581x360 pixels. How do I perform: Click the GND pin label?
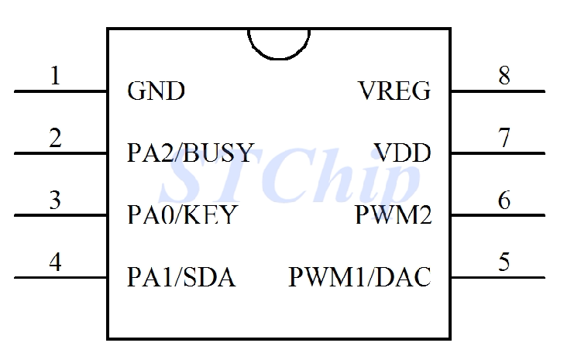(156, 91)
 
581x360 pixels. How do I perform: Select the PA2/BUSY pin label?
(190, 153)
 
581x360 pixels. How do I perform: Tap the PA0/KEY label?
(182, 214)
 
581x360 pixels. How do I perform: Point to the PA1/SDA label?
(181, 276)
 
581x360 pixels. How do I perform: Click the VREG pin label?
(395, 91)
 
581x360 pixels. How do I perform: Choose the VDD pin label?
(402, 153)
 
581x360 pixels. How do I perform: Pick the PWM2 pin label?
(393, 214)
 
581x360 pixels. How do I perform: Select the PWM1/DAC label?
(359, 276)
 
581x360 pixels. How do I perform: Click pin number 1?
(55, 76)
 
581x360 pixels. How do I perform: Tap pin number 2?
(55, 138)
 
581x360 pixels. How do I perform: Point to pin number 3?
(55, 200)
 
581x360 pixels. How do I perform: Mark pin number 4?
(55, 262)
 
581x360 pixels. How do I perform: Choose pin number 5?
(504, 262)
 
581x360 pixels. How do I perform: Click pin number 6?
(504, 200)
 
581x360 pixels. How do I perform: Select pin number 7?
(504, 138)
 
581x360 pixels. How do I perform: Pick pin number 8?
(504, 76)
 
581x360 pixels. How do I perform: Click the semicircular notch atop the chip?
(279, 43)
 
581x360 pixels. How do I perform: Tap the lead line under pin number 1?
(60, 91)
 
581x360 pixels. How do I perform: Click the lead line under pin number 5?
(497, 277)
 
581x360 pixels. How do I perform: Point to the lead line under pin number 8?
(497, 91)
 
